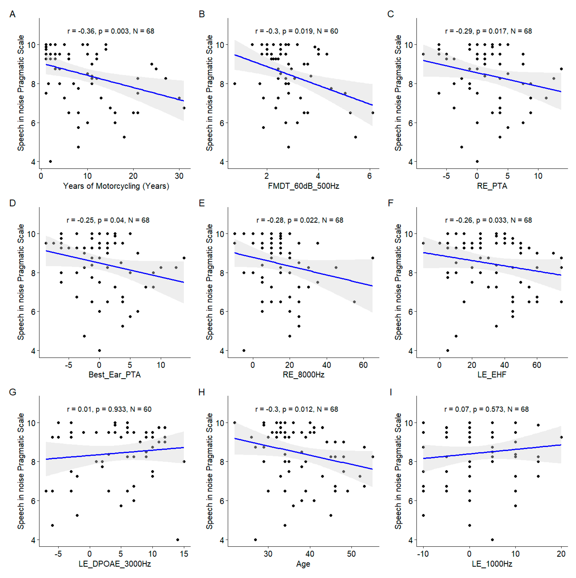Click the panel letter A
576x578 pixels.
point(12,14)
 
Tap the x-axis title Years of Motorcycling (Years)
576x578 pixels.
point(116,186)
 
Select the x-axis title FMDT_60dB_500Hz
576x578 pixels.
point(303,186)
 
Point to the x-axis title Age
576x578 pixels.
point(303,564)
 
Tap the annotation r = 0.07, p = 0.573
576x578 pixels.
point(486,409)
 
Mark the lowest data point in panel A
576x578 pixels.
point(50,162)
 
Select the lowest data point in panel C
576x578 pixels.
point(477,162)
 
